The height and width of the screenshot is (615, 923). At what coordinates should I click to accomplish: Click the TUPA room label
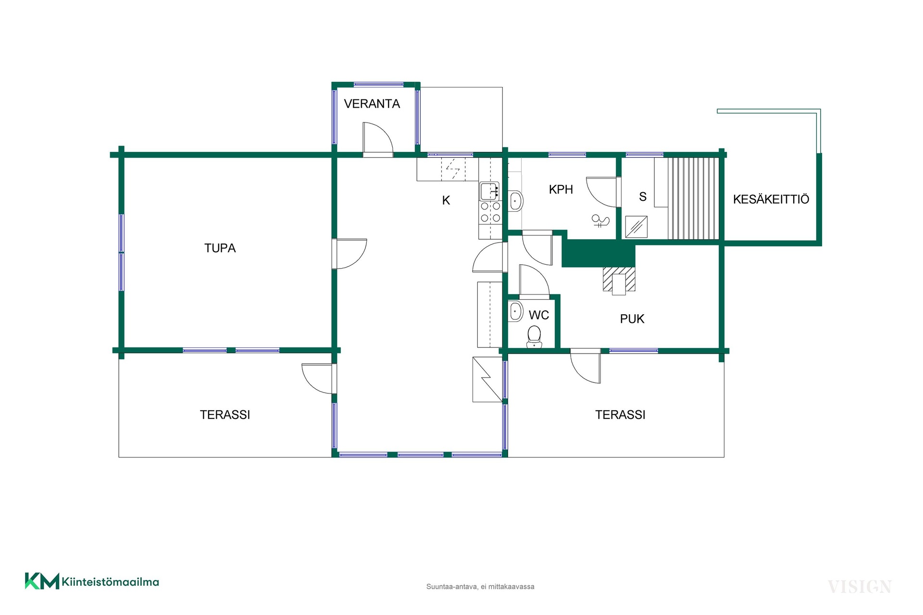pyautogui.click(x=220, y=248)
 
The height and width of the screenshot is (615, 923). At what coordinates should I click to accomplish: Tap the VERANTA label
pyautogui.click(x=372, y=104)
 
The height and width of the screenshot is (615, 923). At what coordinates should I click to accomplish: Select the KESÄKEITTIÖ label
pyautogui.click(x=771, y=199)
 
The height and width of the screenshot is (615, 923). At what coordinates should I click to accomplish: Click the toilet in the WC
pyautogui.click(x=534, y=337)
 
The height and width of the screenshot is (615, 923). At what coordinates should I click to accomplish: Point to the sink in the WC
pyautogui.click(x=516, y=311)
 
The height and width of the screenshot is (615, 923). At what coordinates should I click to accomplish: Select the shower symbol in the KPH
pyautogui.click(x=600, y=221)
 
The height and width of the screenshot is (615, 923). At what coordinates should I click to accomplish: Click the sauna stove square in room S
pyautogui.click(x=636, y=227)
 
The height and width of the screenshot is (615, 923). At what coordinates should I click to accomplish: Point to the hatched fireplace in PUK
pyautogui.click(x=619, y=279)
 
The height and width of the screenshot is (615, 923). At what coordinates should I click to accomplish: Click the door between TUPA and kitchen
pyautogui.click(x=350, y=254)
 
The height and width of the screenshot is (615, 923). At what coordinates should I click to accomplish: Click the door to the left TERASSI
pyautogui.click(x=318, y=379)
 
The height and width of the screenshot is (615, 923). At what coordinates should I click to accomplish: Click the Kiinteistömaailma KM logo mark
pyautogui.click(x=42, y=581)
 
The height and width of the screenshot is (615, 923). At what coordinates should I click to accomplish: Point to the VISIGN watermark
pyautogui.click(x=860, y=587)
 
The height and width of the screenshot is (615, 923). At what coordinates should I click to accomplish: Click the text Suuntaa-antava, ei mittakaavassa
pyautogui.click(x=480, y=587)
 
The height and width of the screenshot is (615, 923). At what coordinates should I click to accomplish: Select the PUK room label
pyautogui.click(x=632, y=319)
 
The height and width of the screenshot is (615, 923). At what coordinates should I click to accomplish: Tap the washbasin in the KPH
pyautogui.click(x=516, y=201)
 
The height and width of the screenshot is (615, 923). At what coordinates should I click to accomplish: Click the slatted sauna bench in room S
pyautogui.click(x=693, y=198)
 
